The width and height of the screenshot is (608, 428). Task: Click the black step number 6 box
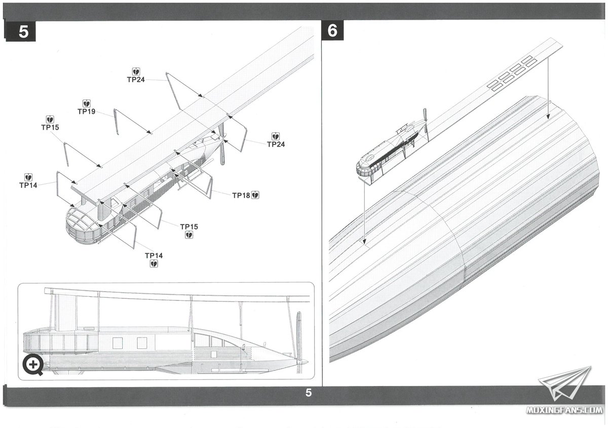332,31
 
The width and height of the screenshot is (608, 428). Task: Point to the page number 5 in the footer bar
309,394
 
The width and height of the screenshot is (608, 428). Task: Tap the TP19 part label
87,111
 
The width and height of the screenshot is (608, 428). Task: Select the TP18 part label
241,195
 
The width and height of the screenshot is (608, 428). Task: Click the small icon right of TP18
255,195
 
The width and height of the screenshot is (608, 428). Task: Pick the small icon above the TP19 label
87,103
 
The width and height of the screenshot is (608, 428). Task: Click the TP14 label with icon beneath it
154,255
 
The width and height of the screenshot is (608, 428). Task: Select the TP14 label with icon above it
28,185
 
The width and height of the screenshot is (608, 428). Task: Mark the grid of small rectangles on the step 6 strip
512,72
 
